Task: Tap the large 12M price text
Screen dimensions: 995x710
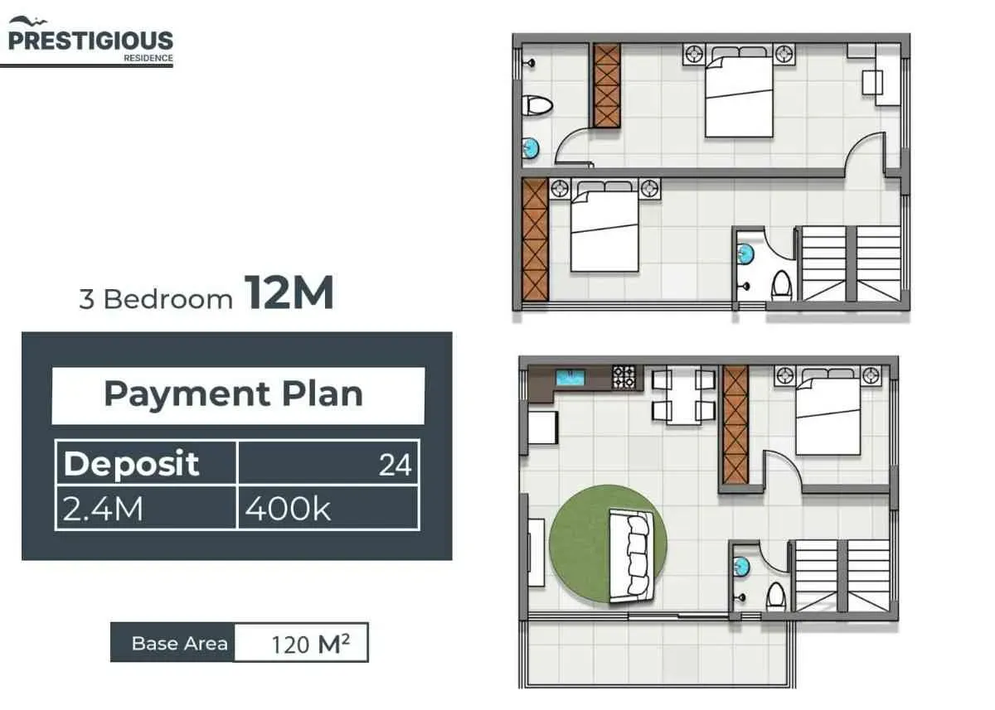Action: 289,293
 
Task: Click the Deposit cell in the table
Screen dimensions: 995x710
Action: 146,462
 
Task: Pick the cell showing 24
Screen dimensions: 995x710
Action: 328,462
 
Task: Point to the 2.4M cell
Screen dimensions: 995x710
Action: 146,508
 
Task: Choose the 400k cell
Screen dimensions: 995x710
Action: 328,508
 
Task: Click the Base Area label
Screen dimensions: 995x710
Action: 179,644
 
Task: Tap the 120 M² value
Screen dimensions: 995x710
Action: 310,644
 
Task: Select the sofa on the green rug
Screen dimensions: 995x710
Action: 632,557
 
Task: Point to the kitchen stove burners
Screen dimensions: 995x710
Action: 624,377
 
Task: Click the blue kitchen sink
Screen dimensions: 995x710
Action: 570,378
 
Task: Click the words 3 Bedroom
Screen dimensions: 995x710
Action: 156,299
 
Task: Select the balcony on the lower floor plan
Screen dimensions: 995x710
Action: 657,653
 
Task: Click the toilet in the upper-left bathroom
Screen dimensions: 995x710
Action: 537,106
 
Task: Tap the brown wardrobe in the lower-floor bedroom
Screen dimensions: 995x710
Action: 735,425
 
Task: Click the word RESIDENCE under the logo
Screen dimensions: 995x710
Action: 148,58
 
